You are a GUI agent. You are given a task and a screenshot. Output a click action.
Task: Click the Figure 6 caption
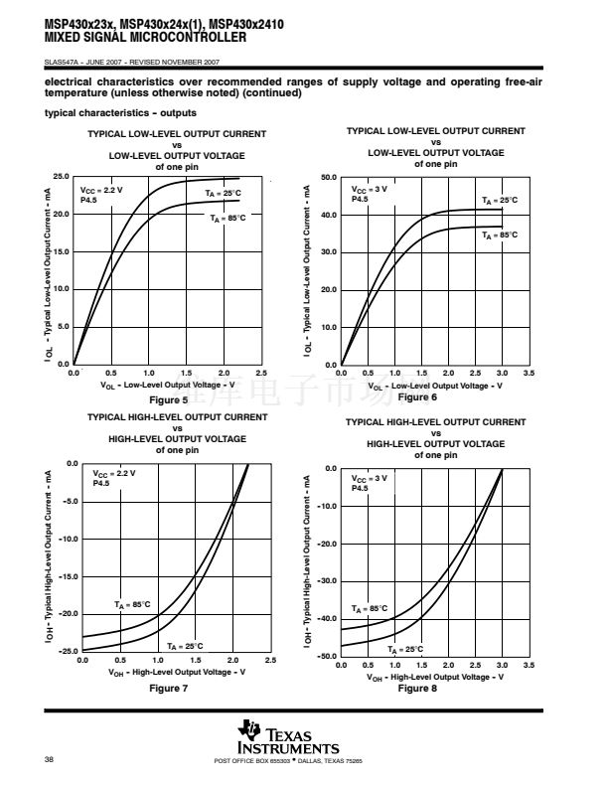[x=417, y=397]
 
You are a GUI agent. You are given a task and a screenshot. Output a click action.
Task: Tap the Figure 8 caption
[x=417, y=688]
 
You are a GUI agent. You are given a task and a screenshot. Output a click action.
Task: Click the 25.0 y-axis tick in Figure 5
[x=61, y=176]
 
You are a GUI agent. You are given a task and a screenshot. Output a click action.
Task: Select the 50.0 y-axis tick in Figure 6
[x=329, y=178]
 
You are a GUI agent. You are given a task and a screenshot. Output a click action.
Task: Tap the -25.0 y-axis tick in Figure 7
[x=67, y=651]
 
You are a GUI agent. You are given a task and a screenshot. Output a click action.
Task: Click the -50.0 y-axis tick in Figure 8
[x=327, y=657]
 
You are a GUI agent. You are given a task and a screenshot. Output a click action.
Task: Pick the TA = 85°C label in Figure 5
[x=228, y=217]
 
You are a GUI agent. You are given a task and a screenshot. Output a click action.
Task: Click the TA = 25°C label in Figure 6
[x=500, y=201]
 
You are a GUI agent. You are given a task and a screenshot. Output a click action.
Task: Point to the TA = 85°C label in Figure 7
[x=132, y=603]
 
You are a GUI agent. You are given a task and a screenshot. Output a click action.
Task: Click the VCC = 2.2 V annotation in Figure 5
[x=101, y=189]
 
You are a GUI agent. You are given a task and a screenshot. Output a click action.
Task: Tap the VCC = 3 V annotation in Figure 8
[x=370, y=478]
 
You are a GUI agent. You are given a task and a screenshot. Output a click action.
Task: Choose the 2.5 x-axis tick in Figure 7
[x=270, y=660]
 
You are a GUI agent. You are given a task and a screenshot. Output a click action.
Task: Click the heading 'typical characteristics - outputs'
[x=120, y=113]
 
